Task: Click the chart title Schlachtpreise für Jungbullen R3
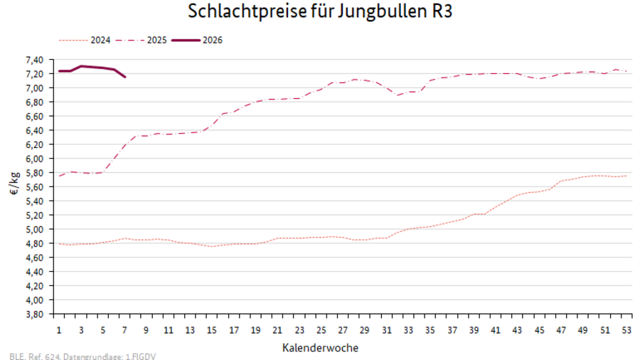320,12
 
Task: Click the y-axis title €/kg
14,186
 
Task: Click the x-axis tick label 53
626,330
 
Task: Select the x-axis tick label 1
59,330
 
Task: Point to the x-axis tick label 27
343,330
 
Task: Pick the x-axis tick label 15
212,330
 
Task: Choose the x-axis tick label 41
495,330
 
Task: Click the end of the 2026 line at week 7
125,77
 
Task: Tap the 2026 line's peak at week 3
81,66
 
